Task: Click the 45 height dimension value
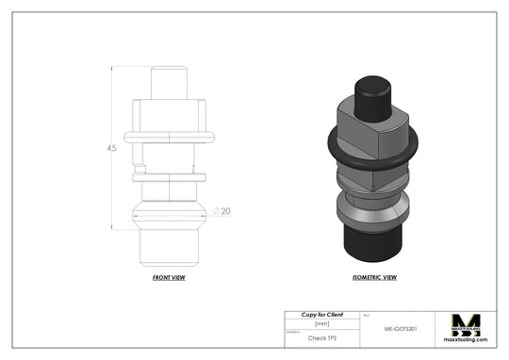pyautogui.click(x=111, y=149)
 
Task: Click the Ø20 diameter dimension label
pyautogui.click(x=222, y=210)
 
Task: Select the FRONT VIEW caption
pyautogui.click(x=169, y=279)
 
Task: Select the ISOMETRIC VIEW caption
pyautogui.click(x=374, y=279)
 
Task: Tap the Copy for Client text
pyautogui.click(x=321, y=313)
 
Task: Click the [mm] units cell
pyautogui.click(x=321, y=323)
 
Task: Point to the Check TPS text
pyautogui.click(x=323, y=336)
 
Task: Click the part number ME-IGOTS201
pyautogui.click(x=402, y=330)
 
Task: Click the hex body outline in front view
pyautogui.click(x=170, y=113)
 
